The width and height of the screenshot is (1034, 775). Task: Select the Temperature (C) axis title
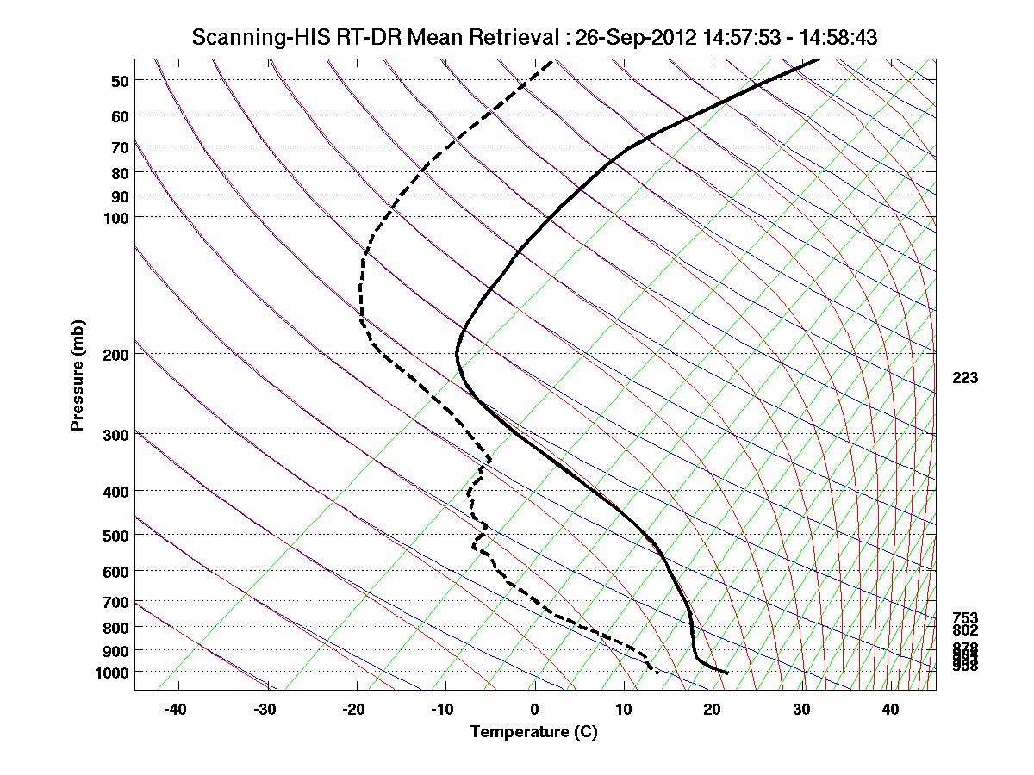(x=533, y=732)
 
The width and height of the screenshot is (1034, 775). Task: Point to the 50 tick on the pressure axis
(x=120, y=81)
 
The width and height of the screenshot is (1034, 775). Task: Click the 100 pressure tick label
(x=115, y=218)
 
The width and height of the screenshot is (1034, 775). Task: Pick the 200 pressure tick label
(x=115, y=354)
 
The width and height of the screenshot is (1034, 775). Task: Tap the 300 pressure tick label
(x=115, y=435)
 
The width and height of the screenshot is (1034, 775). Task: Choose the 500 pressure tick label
(x=115, y=536)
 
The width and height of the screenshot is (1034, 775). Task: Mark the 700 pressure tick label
(x=115, y=602)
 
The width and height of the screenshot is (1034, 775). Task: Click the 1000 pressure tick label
(x=112, y=672)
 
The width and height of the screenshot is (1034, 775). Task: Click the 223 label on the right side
(x=964, y=378)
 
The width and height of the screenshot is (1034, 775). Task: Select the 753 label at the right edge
(x=964, y=618)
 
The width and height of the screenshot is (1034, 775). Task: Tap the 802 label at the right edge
(x=964, y=630)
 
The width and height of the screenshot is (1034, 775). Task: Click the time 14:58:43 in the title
(x=828, y=37)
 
